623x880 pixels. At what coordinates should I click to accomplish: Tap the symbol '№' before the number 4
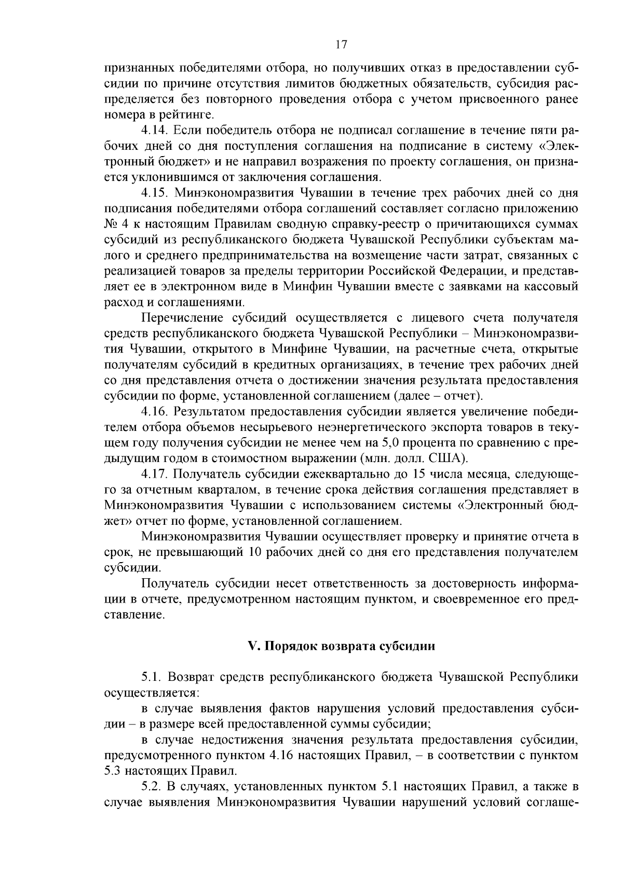tap(112, 225)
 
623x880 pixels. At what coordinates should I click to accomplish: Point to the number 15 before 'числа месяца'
tap(419, 474)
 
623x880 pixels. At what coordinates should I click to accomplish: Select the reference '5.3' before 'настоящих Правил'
tap(113, 771)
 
